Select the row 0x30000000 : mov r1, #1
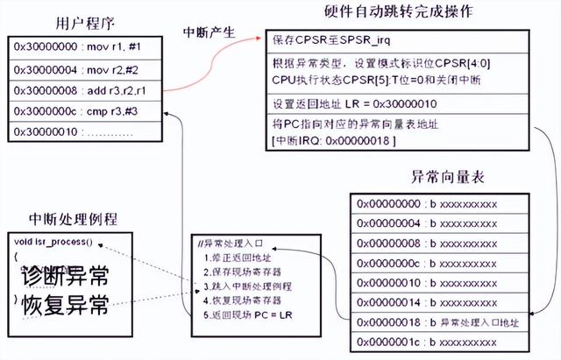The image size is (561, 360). pos(71,46)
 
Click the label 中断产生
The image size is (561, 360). pos(209,32)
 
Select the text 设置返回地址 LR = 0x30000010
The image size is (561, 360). pos(350,102)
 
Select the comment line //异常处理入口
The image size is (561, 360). pos(231,244)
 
